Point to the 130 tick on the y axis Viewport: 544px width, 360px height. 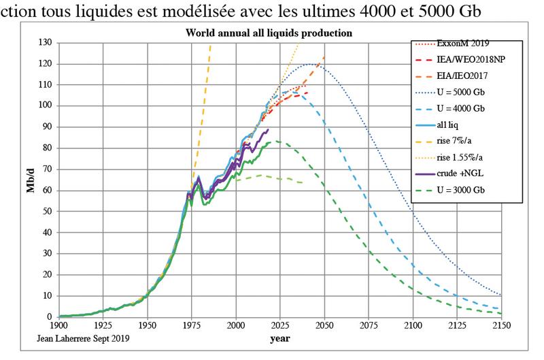pos(44,43)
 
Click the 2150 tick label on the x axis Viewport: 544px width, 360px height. pos(501,325)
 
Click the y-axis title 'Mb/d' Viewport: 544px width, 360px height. pos(29,180)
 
